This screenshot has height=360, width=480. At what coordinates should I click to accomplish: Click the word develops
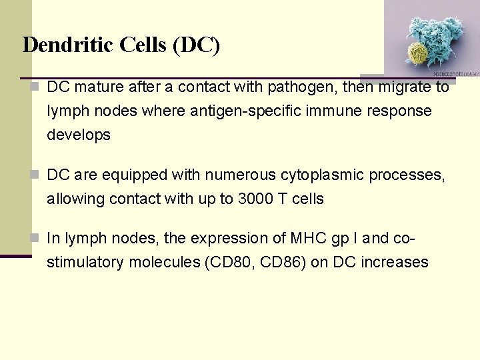click(x=79, y=135)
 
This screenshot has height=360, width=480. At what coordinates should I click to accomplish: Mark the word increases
click(x=394, y=262)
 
